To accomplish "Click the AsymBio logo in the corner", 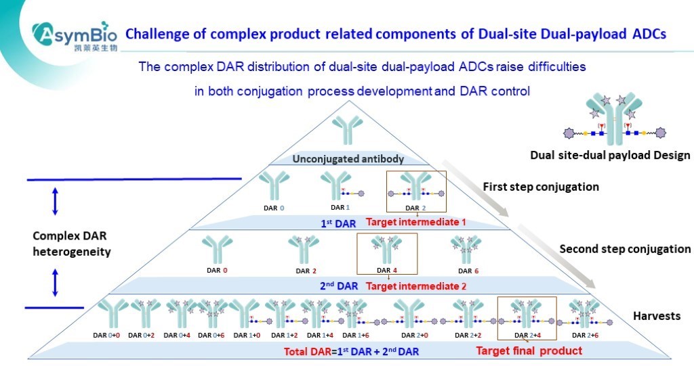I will point(75,33).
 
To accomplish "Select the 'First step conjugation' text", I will point(541,186).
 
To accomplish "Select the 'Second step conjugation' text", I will point(625,249).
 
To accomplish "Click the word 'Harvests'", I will point(656,316).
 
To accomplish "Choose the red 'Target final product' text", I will point(529,350).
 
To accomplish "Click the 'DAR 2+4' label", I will point(527,335).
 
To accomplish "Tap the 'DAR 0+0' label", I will point(107,335).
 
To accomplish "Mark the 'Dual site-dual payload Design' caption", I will point(610,156).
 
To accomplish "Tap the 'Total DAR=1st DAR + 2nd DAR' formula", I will point(352,351).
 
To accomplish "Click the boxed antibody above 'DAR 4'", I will point(387,250).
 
